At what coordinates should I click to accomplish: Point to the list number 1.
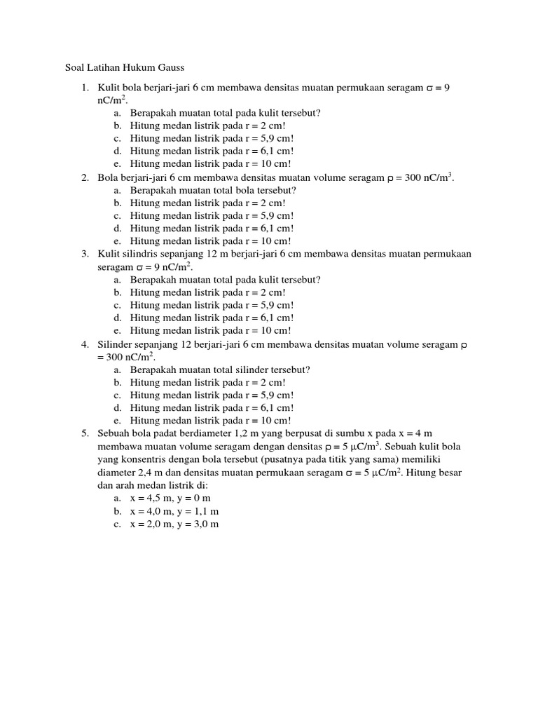(x=84, y=88)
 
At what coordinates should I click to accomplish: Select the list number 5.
(x=84, y=434)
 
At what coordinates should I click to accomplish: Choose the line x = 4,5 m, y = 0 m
(x=174, y=499)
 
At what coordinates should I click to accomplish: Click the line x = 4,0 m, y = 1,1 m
(x=174, y=511)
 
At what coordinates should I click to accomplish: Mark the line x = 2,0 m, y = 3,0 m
(x=174, y=524)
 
